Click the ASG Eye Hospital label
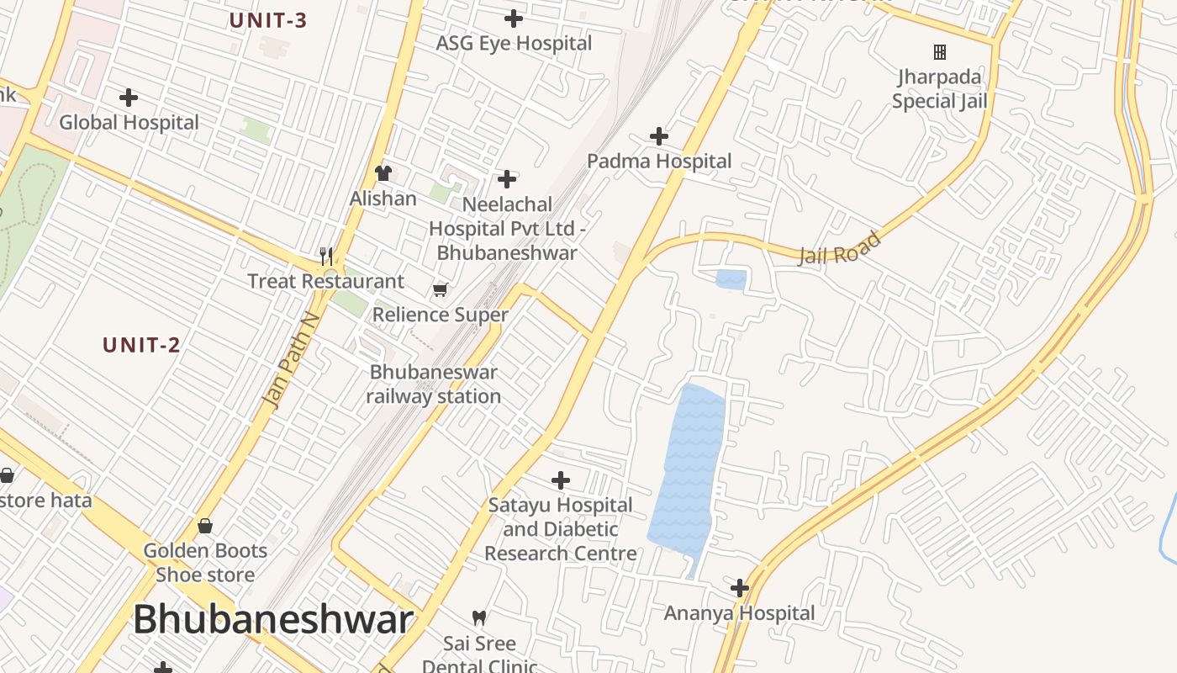tap(514, 44)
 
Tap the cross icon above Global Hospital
tap(129, 98)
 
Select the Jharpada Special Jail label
tap(939, 89)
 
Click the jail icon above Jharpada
tap(940, 52)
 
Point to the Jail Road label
tap(839, 248)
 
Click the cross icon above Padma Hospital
tap(660, 136)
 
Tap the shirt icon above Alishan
tap(383, 173)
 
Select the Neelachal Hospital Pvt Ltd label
tap(507, 228)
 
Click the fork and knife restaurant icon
tap(326, 256)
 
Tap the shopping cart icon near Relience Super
tap(440, 290)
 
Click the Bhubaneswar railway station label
tap(434, 384)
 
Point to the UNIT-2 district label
tap(141, 345)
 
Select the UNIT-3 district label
tap(268, 21)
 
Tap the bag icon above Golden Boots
tap(205, 527)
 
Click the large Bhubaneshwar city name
tap(273, 620)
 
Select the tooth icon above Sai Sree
tap(479, 618)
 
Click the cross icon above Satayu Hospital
tap(561, 480)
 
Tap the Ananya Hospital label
tap(740, 613)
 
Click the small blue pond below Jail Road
tap(731, 280)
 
